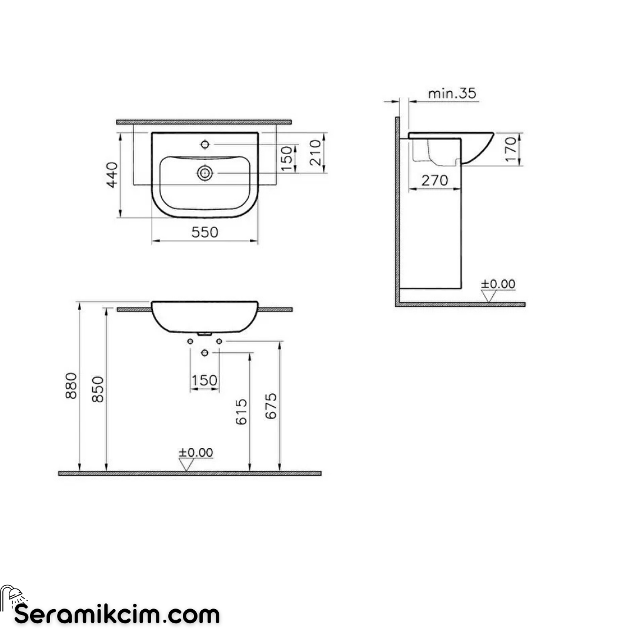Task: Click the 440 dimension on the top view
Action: click(112, 174)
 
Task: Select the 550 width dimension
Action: click(205, 232)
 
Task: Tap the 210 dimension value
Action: click(315, 152)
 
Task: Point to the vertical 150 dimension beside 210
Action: click(286, 159)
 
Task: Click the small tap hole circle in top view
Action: click(205, 144)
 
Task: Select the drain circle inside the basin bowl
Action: click(205, 173)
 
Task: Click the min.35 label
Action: click(452, 93)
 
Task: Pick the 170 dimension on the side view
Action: click(510, 149)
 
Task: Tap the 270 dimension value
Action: click(435, 180)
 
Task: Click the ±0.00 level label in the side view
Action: click(498, 285)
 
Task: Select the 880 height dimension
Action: click(72, 385)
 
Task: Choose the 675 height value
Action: click(270, 406)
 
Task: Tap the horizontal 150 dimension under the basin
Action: click(205, 381)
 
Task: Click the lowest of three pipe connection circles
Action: click(205, 353)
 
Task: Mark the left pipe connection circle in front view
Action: click(190, 341)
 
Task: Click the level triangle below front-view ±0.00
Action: click(188, 465)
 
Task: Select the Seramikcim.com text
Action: click(117, 615)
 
